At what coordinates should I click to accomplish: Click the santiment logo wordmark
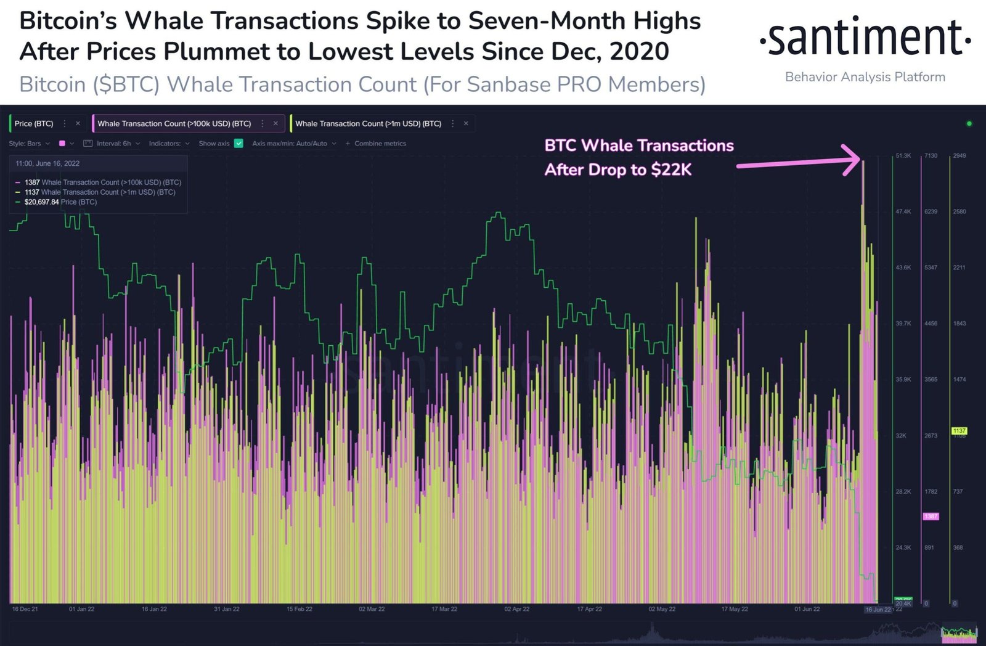click(x=865, y=38)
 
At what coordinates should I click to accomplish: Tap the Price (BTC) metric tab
click(x=34, y=123)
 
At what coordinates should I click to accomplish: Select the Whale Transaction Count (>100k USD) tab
click(x=174, y=123)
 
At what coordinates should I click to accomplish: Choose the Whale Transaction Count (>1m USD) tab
click(x=368, y=123)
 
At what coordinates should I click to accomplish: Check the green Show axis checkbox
click(x=238, y=144)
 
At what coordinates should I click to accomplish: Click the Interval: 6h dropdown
click(x=113, y=144)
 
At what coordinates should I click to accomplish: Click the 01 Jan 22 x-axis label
click(x=81, y=609)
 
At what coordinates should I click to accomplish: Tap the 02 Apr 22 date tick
click(x=516, y=609)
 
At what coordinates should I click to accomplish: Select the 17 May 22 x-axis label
click(x=735, y=609)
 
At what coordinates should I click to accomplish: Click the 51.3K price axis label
click(x=903, y=156)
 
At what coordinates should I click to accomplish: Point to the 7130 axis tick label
click(x=931, y=156)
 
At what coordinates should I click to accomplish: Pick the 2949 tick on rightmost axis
click(x=960, y=156)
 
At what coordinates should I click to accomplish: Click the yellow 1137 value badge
click(x=960, y=431)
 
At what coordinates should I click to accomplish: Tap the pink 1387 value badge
click(x=931, y=516)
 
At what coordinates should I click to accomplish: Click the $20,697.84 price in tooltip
click(x=41, y=202)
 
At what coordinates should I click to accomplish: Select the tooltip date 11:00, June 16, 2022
click(x=47, y=163)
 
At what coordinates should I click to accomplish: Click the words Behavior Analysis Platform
click(x=865, y=77)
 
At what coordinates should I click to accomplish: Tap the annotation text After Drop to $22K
click(x=617, y=170)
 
